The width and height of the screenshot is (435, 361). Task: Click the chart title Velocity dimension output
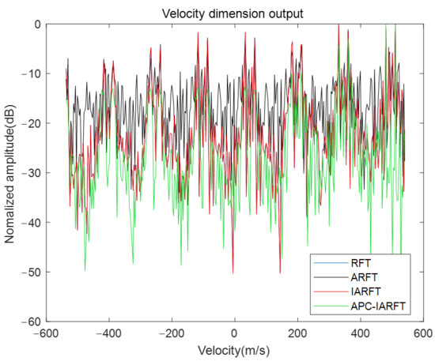click(x=234, y=12)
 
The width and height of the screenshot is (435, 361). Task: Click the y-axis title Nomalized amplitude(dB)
click(x=12, y=173)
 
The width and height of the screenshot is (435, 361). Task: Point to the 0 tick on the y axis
click(x=40, y=24)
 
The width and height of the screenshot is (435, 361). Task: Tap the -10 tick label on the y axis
click(x=35, y=74)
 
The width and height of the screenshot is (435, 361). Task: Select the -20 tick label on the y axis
click(x=35, y=124)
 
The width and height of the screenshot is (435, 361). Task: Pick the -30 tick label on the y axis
click(x=35, y=173)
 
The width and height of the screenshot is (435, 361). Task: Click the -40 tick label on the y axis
click(x=35, y=223)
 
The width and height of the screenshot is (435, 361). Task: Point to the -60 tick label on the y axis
click(x=35, y=322)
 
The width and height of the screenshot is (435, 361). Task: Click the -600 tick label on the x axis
click(x=47, y=333)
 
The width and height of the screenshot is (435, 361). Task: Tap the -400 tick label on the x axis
click(x=109, y=333)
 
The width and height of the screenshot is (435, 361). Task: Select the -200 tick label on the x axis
click(x=172, y=333)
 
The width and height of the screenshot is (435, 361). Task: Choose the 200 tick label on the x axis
click(x=297, y=333)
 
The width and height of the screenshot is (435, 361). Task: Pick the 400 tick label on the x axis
click(x=359, y=333)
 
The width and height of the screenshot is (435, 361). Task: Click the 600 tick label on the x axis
click(x=422, y=333)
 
